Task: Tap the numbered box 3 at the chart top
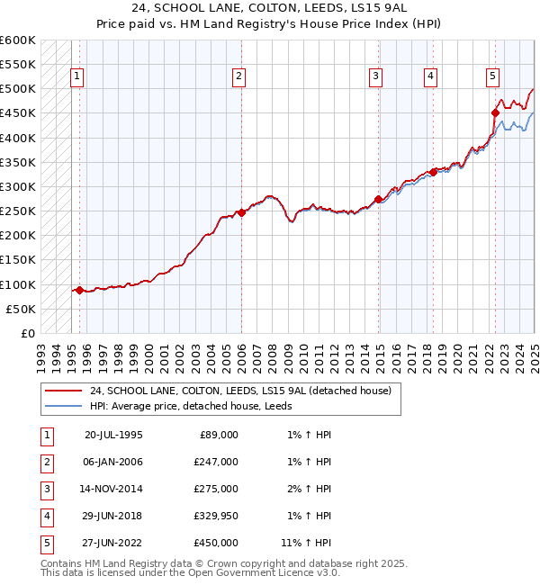click(x=374, y=77)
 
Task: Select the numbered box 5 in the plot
click(x=493, y=77)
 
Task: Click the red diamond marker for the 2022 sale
click(x=495, y=112)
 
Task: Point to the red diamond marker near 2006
click(x=241, y=212)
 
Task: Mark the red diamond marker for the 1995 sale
click(x=79, y=290)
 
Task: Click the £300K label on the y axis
click(x=17, y=186)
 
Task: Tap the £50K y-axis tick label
click(x=21, y=309)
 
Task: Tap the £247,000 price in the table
click(x=216, y=462)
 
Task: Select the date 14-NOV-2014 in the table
click(x=113, y=489)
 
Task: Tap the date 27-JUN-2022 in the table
click(x=113, y=543)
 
